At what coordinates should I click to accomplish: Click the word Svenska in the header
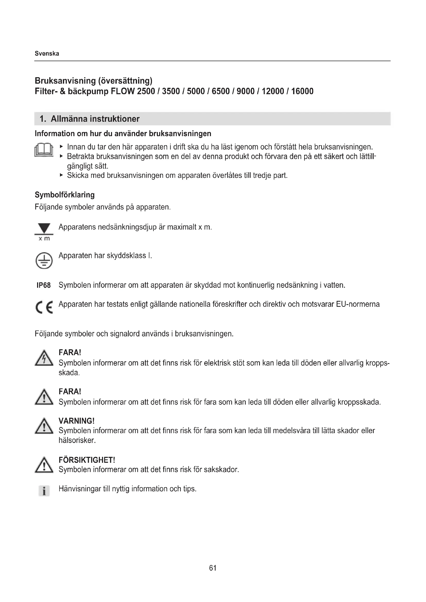click(47, 54)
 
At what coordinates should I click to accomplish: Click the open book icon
click(44, 150)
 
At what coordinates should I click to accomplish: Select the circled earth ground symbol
click(44, 261)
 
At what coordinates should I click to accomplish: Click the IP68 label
click(44, 285)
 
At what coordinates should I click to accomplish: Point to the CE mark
click(44, 307)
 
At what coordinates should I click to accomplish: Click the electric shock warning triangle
click(44, 358)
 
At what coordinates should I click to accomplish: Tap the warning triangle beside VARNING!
click(44, 426)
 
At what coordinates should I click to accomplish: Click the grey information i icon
click(44, 491)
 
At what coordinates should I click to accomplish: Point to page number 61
click(213, 568)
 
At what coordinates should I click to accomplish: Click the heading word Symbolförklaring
click(65, 195)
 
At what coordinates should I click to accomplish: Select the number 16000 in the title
click(302, 91)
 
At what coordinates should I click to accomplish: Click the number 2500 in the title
click(146, 91)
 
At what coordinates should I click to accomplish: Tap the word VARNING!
click(76, 421)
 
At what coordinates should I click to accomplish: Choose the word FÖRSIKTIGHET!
click(87, 460)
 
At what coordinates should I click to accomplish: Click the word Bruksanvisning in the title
click(65, 81)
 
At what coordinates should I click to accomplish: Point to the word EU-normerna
click(358, 304)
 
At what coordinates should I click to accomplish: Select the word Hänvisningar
click(80, 489)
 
